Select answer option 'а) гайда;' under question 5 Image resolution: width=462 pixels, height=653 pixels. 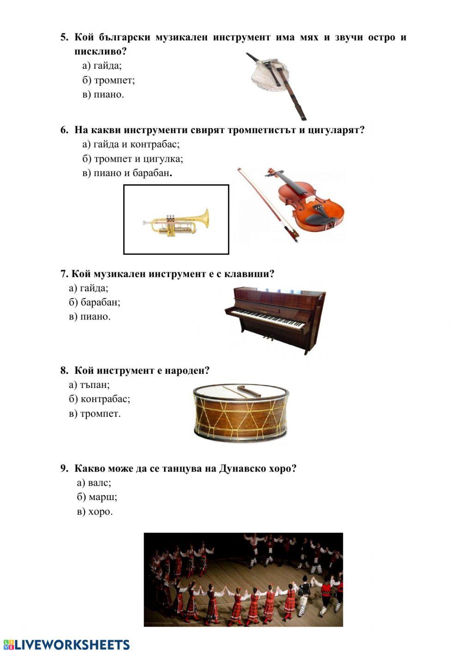pyautogui.click(x=102, y=66)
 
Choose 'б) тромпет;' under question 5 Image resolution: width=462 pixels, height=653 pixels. pyautogui.click(x=109, y=80)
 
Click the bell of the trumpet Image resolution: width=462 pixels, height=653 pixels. pyautogui.click(x=203, y=218)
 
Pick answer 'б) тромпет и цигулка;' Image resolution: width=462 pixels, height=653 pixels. pyautogui.click(x=133, y=159)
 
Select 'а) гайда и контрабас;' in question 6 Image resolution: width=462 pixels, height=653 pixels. pyautogui.click(x=131, y=144)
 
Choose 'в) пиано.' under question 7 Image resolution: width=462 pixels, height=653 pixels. pyautogui.click(x=90, y=317)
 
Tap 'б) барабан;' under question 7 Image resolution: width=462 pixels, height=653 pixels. pyautogui.click(x=94, y=302)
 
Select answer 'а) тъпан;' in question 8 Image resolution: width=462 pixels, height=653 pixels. pyautogui.click(x=89, y=384)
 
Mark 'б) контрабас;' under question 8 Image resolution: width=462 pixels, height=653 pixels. pyautogui.click(x=99, y=399)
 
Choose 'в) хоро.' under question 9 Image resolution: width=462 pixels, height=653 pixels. pyautogui.click(x=95, y=512)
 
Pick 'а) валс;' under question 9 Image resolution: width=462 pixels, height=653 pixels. pyautogui.click(x=94, y=482)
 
